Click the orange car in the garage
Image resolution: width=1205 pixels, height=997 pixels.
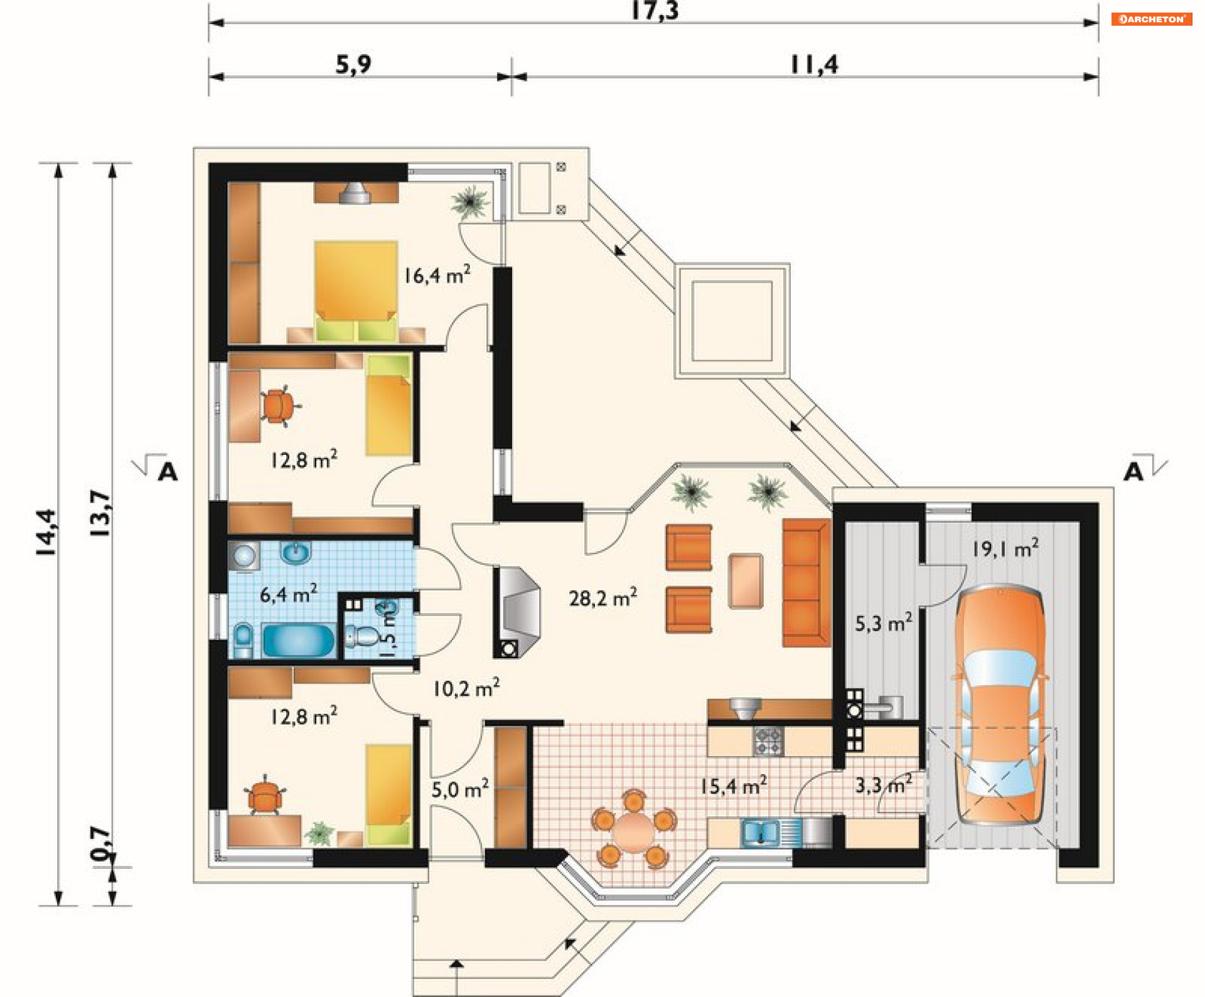click(x=1000, y=705)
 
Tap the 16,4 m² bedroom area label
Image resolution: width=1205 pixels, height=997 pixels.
click(x=437, y=275)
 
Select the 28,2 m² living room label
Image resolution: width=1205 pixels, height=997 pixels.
click(x=602, y=597)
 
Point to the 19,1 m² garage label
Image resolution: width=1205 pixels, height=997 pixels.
click(x=1005, y=548)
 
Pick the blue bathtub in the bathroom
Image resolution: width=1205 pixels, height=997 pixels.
click(x=299, y=640)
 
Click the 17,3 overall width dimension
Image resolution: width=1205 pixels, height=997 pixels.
click(x=655, y=11)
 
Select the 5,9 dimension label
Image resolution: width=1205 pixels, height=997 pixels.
click(x=353, y=64)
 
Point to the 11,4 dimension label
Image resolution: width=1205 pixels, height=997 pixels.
click(x=814, y=64)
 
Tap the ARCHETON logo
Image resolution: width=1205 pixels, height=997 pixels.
click(x=1152, y=19)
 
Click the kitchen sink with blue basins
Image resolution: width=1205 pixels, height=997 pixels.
click(x=761, y=833)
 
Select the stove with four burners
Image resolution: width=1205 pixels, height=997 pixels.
click(x=768, y=741)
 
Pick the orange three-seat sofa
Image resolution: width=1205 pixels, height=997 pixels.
click(x=806, y=582)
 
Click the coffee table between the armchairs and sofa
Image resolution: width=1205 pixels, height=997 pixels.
click(x=746, y=581)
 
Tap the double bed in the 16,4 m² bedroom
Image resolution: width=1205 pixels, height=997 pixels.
click(x=356, y=291)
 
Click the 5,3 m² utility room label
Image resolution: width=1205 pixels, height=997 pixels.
click(x=884, y=623)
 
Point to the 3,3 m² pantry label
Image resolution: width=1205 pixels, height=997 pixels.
click(x=884, y=784)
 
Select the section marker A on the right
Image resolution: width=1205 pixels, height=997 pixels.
click(x=1133, y=471)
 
